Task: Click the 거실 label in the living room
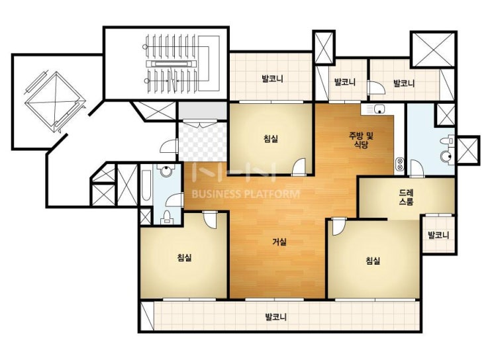click(x=279, y=242)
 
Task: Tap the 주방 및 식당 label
click(x=361, y=140)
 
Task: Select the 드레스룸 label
click(x=407, y=197)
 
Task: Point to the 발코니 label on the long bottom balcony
click(x=276, y=317)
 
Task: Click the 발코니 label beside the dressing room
click(x=438, y=235)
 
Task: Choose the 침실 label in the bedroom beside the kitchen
click(x=271, y=138)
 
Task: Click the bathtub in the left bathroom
click(x=146, y=185)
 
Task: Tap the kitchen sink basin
click(x=379, y=109)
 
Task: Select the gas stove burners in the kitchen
click(x=401, y=164)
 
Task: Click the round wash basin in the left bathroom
click(x=166, y=171)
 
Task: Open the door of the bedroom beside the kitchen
click(x=299, y=167)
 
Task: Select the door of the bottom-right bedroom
click(x=339, y=226)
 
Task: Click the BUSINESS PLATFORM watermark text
click(x=246, y=194)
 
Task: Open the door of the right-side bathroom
click(x=417, y=168)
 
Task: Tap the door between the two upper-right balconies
click(x=376, y=87)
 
